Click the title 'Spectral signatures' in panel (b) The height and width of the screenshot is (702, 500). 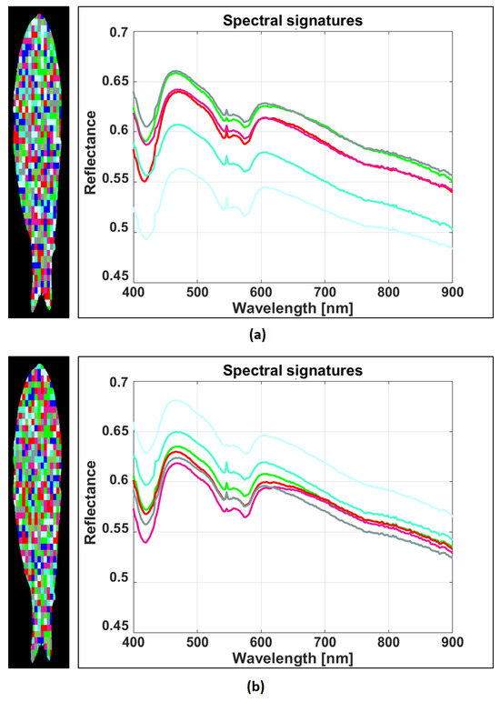tap(293, 370)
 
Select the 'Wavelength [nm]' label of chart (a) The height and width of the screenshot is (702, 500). tap(293, 308)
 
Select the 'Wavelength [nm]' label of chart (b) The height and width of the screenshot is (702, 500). tap(293, 658)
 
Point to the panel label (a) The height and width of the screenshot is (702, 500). tap(257, 335)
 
